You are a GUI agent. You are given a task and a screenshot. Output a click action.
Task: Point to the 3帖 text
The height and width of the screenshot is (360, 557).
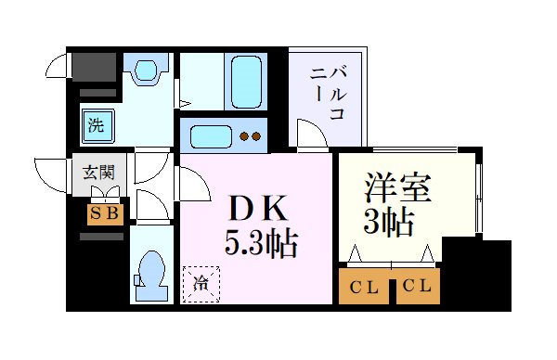[388, 223]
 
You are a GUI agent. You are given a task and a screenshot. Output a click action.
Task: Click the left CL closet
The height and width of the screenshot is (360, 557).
[365, 288]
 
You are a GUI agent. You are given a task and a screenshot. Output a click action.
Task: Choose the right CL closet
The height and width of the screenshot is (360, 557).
[418, 288]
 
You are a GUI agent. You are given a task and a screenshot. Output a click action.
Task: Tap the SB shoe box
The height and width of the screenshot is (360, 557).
[103, 213]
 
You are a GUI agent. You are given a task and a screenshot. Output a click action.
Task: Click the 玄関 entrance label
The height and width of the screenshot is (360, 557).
[98, 172]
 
